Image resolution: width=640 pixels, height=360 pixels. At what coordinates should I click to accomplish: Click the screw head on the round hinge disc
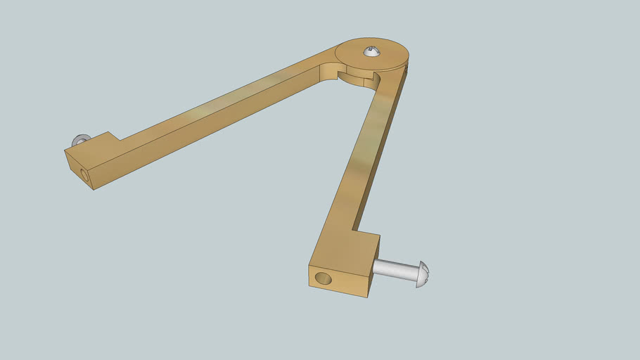[x=371, y=51]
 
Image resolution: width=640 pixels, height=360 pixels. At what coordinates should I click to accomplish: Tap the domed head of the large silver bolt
[x=423, y=274]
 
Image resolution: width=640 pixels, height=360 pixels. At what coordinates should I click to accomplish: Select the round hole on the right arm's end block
[x=323, y=278]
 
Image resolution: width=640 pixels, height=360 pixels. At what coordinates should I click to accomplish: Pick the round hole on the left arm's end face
[x=85, y=174]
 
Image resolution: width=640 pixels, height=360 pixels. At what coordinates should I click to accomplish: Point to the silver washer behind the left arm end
[x=79, y=139]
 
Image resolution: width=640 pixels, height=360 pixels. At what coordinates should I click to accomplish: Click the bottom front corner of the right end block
[x=366, y=297]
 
